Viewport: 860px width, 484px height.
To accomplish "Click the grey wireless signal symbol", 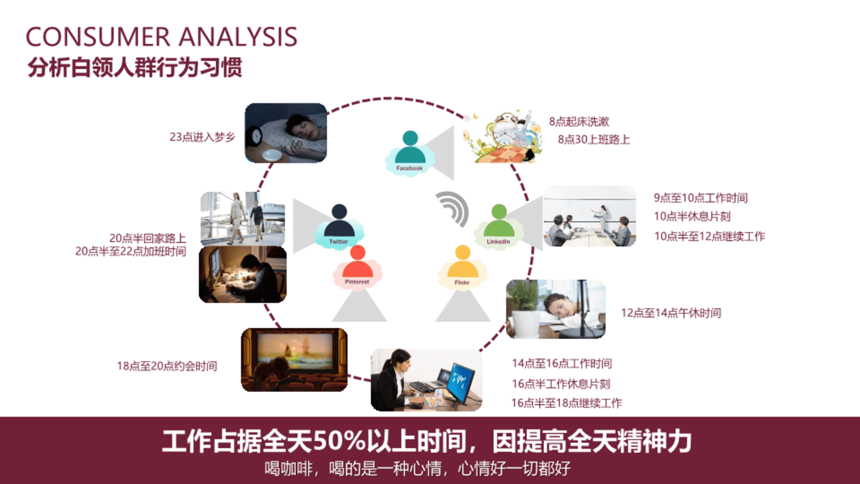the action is [x=452, y=209].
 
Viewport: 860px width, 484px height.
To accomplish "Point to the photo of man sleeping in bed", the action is [x=286, y=133].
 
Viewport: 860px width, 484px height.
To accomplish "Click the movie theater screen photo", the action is [x=294, y=360].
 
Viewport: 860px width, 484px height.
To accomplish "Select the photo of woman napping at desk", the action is [x=555, y=309].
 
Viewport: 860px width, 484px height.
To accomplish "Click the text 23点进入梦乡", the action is [x=202, y=137].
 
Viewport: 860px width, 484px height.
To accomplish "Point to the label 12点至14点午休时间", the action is [x=671, y=313].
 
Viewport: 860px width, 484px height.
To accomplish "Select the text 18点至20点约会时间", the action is [x=167, y=366].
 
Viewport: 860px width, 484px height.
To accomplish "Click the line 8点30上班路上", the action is [x=594, y=140].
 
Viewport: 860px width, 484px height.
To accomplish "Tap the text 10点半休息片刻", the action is [x=692, y=216].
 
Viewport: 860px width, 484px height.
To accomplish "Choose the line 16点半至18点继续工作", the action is [x=567, y=403].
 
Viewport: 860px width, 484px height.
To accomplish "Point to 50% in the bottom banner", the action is [x=340, y=441].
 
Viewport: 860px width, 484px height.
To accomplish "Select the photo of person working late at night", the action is [x=243, y=274].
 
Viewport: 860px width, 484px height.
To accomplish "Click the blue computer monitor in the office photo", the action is [x=461, y=383].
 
